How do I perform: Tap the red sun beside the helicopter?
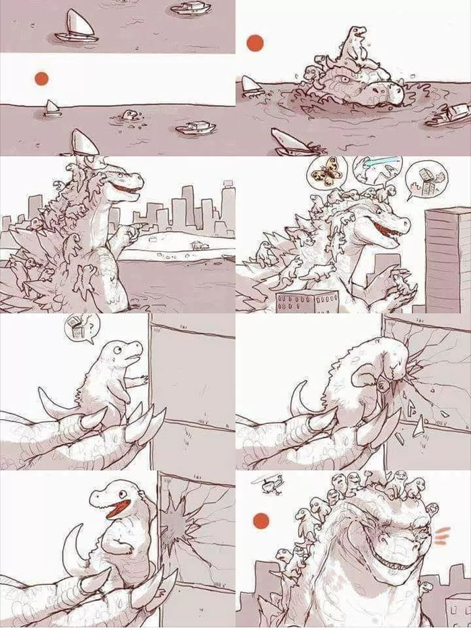(260, 520)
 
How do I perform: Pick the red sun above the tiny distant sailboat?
(42, 79)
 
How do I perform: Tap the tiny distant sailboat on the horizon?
(52, 108)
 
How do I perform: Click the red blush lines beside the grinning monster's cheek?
(440, 535)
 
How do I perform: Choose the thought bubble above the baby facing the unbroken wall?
(81, 328)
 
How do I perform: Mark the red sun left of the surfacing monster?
(255, 44)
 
